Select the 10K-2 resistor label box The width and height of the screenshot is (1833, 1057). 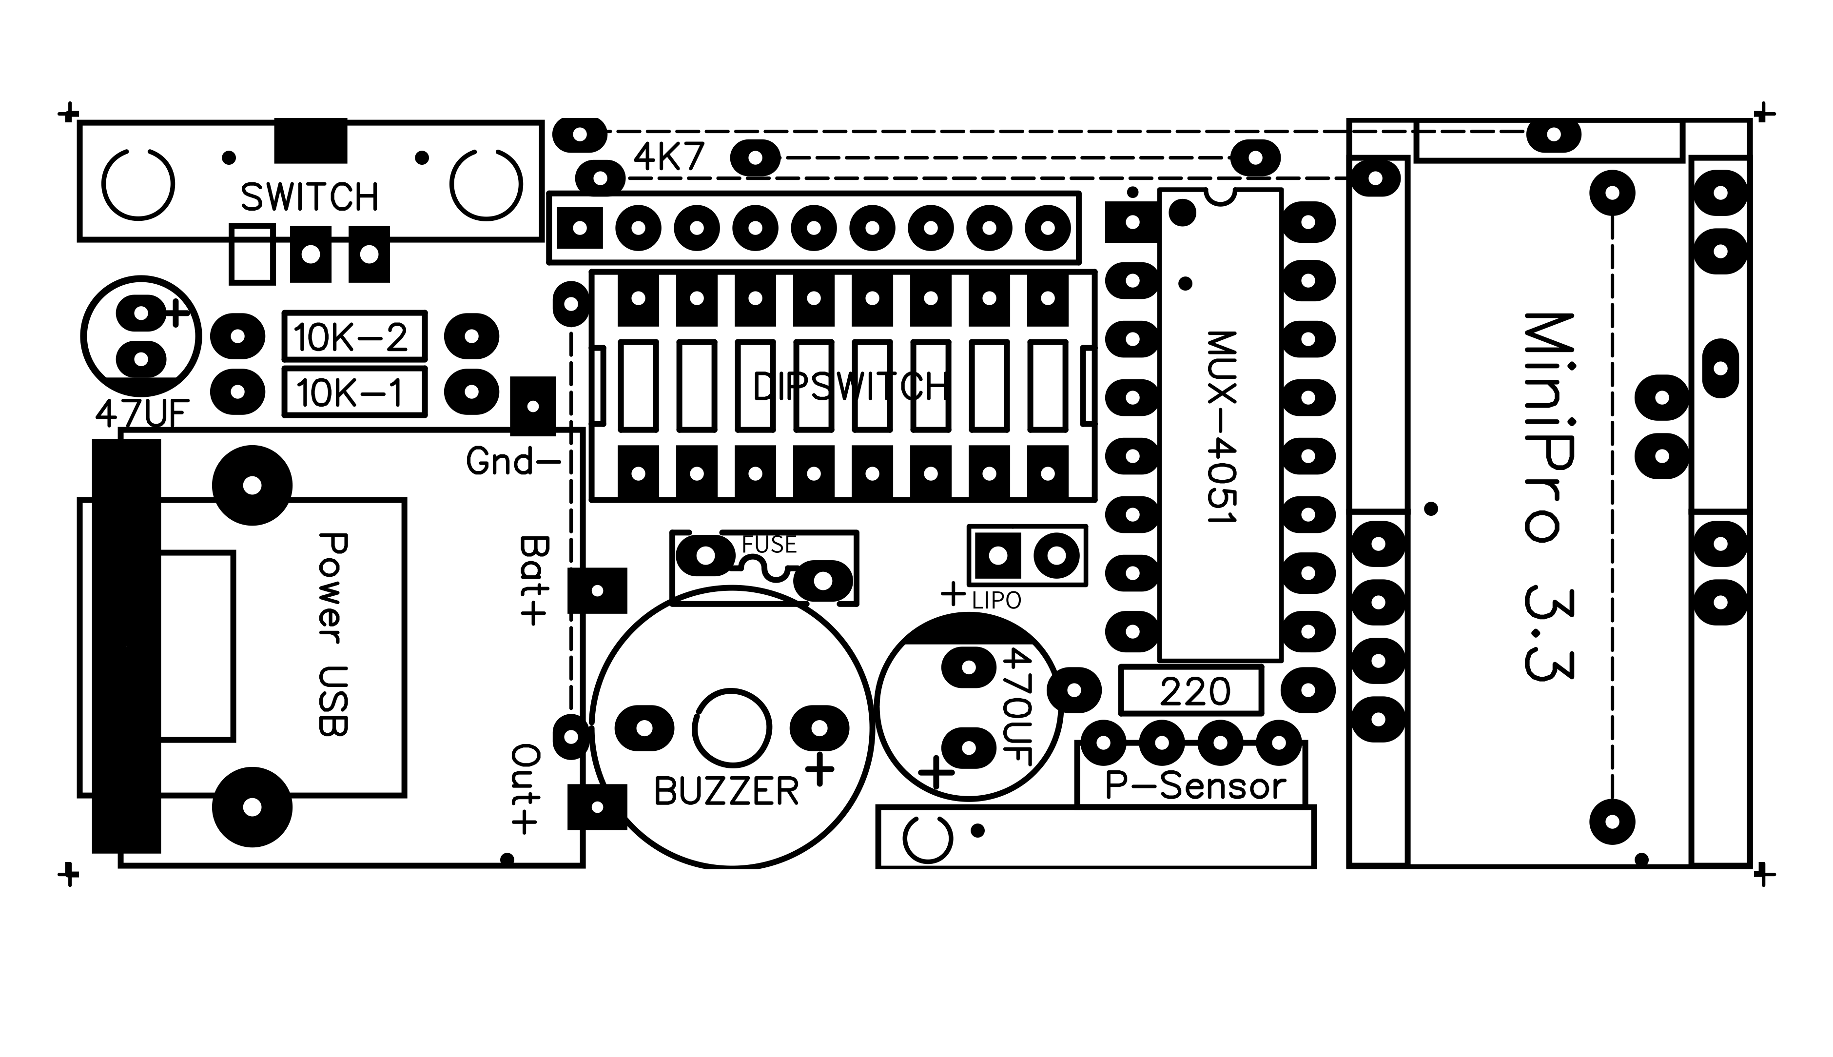click(353, 336)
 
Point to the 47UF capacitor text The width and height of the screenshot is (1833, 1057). click(142, 415)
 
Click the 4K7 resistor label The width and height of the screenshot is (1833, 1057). click(668, 157)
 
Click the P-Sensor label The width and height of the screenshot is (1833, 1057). click(1194, 786)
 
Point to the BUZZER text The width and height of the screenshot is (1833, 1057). click(726, 791)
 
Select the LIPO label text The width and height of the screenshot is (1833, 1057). click(996, 600)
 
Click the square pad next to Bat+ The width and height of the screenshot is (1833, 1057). click(597, 590)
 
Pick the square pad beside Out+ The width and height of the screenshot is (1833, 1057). click(597, 806)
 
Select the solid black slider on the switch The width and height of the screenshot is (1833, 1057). click(311, 141)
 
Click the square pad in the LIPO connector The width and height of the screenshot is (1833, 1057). click(998, 555)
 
